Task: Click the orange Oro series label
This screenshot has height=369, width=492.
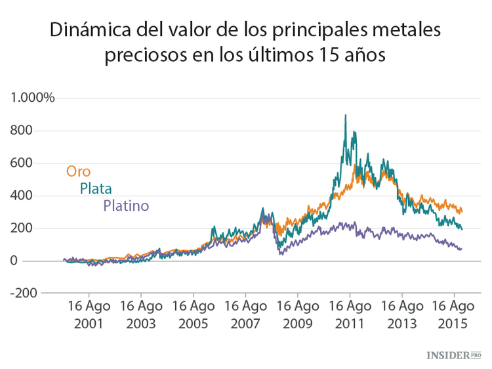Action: tap(78, 172)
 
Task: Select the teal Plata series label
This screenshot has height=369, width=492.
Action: tap(96, 189)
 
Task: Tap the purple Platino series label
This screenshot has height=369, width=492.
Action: tap(126, 206)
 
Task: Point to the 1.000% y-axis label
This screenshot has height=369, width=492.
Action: tap(32, 98)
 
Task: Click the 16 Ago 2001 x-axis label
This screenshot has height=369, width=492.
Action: tap(89, 315)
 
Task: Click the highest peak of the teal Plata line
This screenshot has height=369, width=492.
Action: tap(346, 116)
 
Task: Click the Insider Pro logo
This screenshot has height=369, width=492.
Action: tap(453, 355)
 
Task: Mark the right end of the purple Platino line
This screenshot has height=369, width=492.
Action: tap(461, 249)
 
